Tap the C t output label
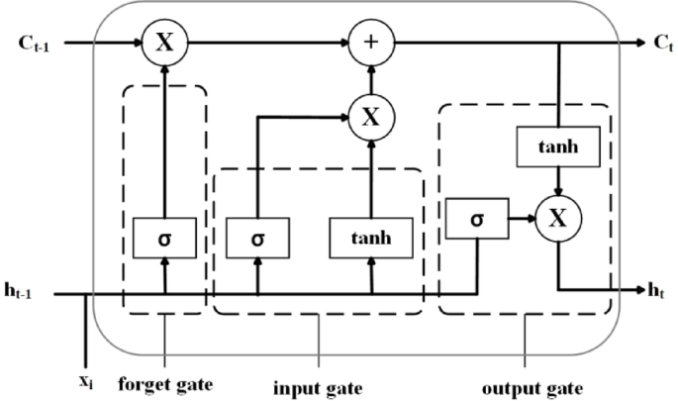pyautogui.click(x=660, y=45)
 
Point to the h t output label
pyautogui.click(x=655, y=290)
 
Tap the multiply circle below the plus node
pyautogui.click(x=370, y=117)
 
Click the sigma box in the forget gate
pyautogui.click(x=164, y=239)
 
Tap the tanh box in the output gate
pyautogui.click(x=557, y=148)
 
